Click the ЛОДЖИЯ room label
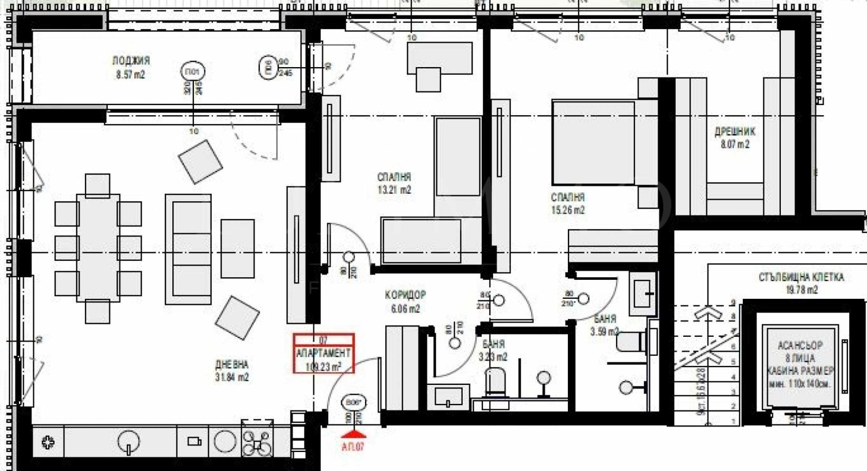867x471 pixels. point(131,61)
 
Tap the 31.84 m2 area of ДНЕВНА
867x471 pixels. point(232,377)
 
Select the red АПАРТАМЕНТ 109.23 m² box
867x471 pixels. point(323,354)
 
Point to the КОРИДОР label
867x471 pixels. point(405,296)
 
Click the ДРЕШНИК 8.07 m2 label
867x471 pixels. point(734,138)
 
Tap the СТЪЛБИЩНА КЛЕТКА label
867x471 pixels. point(801,277)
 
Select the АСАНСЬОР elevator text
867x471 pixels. point(800,345)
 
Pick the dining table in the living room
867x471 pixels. point(98,247)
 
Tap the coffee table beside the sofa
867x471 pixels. point(237,248)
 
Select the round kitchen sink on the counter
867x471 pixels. point(128,441)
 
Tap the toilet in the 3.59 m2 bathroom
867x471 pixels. point(630,342)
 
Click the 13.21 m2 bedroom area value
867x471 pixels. point(394,190)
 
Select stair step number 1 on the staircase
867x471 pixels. point(733,421)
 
